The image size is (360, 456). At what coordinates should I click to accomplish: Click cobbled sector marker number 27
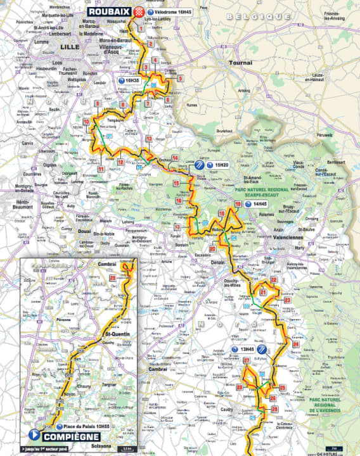pos(247,360)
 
